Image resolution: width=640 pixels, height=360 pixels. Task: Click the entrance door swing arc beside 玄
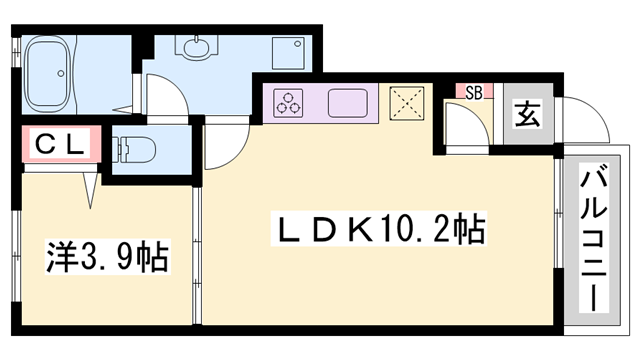pos(584,120)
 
